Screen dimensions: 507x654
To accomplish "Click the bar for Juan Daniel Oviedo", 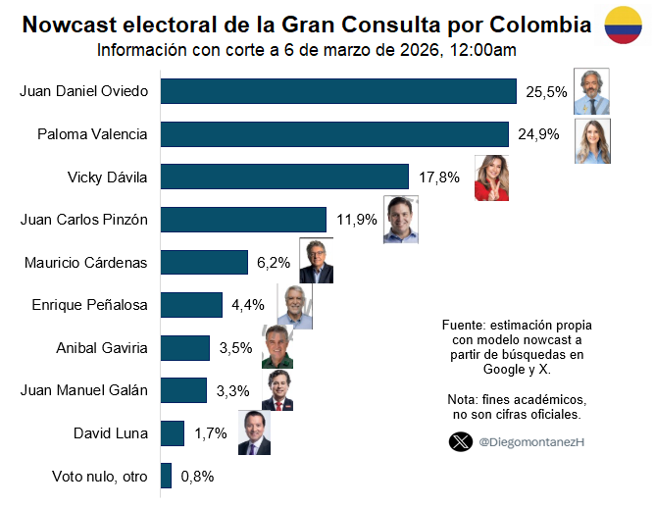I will pyautogui.click(x=338, y=91).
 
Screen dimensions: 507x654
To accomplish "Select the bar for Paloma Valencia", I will pyautogui.click(x=334, y=134).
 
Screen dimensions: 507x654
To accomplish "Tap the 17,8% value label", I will pyautogui.click(x=438, y=177).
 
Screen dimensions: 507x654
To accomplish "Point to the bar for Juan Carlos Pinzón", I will pyautogui.click(x=243, y=220).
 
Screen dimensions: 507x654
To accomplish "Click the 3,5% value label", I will pyautogui.click(x=235, y=347).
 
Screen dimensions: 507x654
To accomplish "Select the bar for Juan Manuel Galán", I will pyautogui.click(x=183, y=390).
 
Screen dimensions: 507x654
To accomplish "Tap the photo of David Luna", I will pyautogui.click(x=253, y=432).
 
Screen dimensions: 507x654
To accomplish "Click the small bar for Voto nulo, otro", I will pyautogui.click(x=166, y=476).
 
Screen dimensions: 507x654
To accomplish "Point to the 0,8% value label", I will pyautogui.click(x=197, y=477).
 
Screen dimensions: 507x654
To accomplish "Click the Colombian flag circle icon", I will pyautogui.click(x=624, y=24).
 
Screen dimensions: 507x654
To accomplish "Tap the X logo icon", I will pyautogui.click(x=459, y=442).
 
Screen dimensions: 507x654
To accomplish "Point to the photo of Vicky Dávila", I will pyautogui.click(x=491, y=177).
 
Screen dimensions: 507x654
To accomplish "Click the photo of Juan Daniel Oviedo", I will pyautogui.click(x=591, y=91).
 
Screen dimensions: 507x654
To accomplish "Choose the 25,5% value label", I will pyautogui.click(x=546, y=92).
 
